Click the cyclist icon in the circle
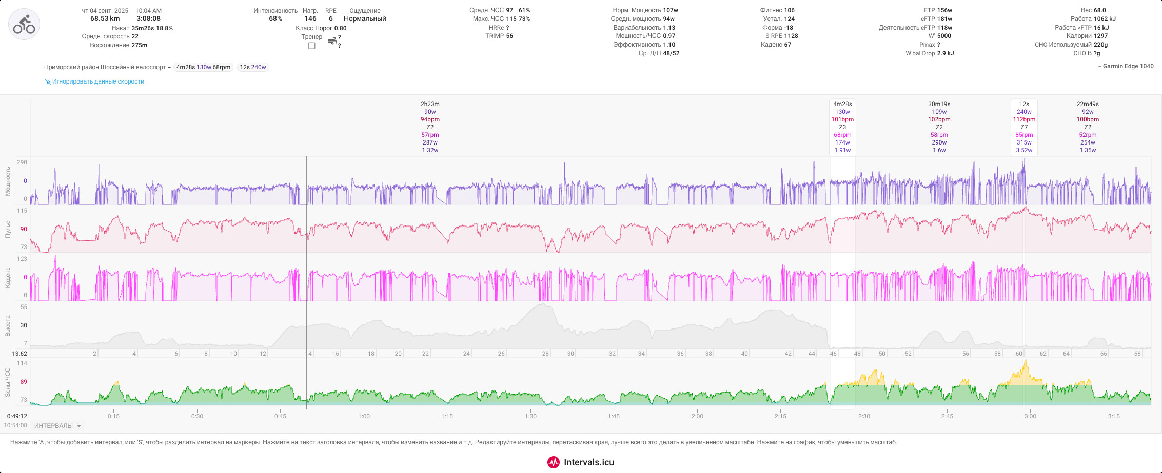(x=24, y=24)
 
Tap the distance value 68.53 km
(x=105, y=19)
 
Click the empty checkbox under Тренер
(x=311, y=46)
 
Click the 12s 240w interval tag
(x=253, y=67)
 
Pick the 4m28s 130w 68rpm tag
(x=203, y=67)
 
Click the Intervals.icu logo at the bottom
(x=581, y=462)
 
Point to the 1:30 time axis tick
(x=530, y=416)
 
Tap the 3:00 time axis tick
(x=1030, y=416)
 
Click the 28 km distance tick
(x=545, y=354)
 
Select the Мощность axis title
(x=8, y=181)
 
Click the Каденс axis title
(x=8, y=277)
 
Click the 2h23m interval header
(x=430, y=104)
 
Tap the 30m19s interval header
(x=939, y=104)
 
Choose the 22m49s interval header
(x=1088, y=104)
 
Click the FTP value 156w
(x=944, y=10)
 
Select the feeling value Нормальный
(x=365, y=19)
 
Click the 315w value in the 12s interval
(x=1024, y=142)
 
